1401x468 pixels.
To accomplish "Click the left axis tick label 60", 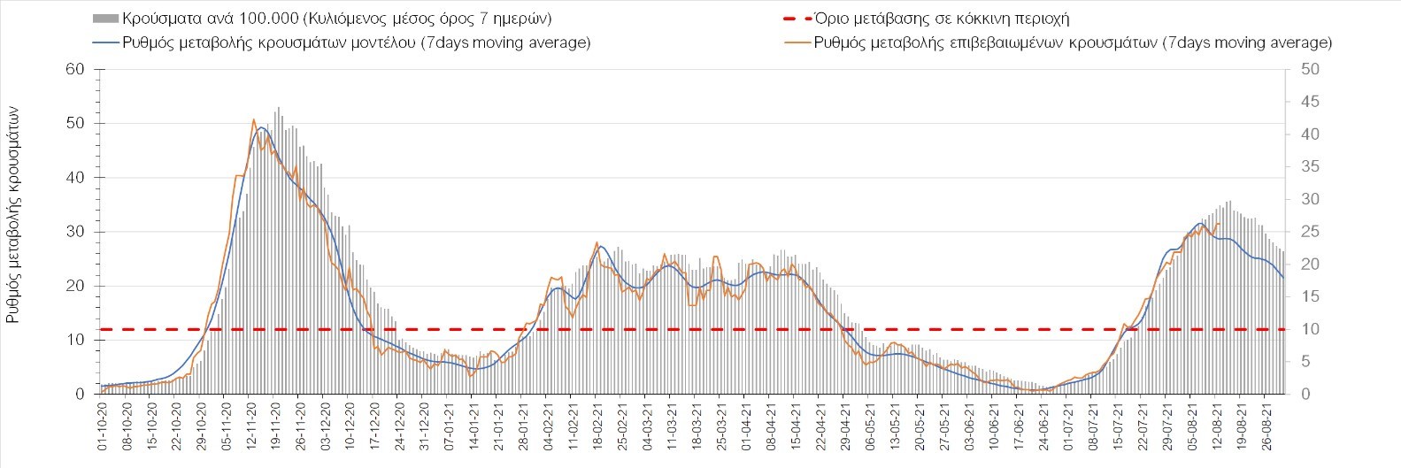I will [76, 70].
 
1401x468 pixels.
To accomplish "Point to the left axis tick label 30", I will [76, 232].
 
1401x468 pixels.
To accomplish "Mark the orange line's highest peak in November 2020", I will [253, 119].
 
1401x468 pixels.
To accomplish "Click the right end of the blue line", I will [1283, 278].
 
